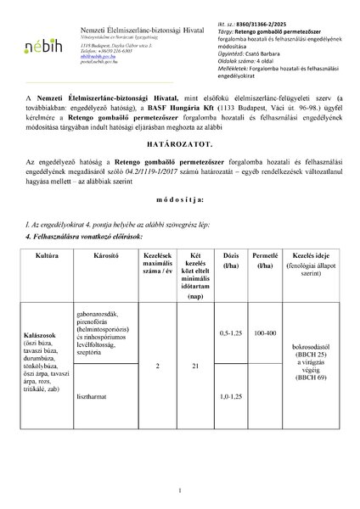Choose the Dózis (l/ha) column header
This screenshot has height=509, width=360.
[229, 259]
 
